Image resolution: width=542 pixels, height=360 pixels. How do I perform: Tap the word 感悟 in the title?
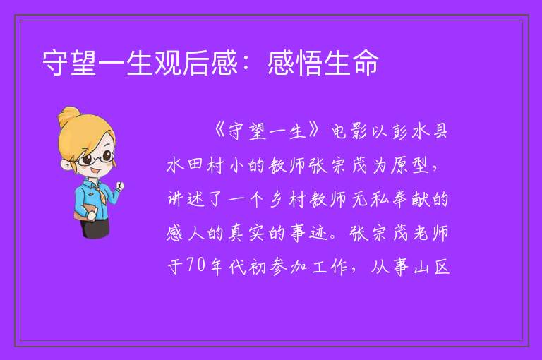tap(295, 63)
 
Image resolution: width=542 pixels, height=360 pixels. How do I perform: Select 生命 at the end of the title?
tap(351, 63)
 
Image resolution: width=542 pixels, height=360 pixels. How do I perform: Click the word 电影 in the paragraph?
tap(349, 131)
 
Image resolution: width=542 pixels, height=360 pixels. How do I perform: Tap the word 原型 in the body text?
tap(410, 165)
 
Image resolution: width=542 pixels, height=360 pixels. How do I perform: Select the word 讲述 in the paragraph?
tap(186, 199)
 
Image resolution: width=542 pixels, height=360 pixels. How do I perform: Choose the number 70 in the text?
tap(196, 266)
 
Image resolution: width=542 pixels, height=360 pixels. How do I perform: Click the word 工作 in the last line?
tap(330, 267)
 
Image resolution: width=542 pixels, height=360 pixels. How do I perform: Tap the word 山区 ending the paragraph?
tap(431, 267)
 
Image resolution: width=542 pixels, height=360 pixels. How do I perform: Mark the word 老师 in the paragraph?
tap(430, 233)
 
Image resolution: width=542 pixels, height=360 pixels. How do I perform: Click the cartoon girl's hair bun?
tap(69, 116)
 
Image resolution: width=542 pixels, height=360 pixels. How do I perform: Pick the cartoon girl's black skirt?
tap(96, 227)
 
